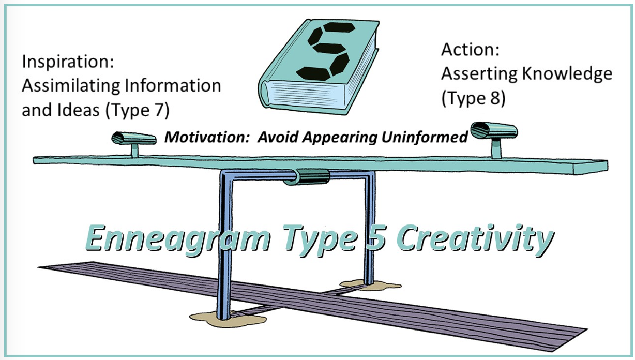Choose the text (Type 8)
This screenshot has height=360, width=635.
point(473,97)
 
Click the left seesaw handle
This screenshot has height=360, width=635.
point(134,139)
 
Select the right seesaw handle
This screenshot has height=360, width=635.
point(494,132)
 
